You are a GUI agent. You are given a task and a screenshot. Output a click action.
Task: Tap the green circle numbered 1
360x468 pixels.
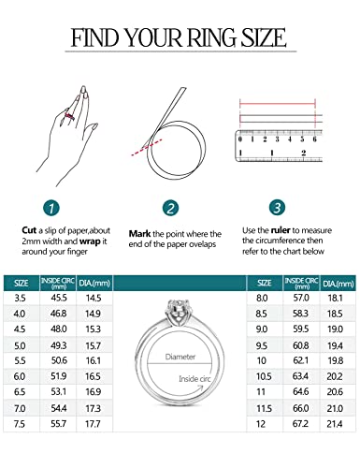(x=52, y=208)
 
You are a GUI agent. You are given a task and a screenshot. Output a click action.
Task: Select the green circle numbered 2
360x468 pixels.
(x=170, y=208)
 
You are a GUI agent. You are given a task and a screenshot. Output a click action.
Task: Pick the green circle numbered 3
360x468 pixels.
(x=277, y=208)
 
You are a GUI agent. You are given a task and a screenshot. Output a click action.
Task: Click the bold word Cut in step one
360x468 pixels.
(x=30, y=229)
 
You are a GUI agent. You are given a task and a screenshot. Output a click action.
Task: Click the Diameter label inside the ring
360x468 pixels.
(x=180, y=357)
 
